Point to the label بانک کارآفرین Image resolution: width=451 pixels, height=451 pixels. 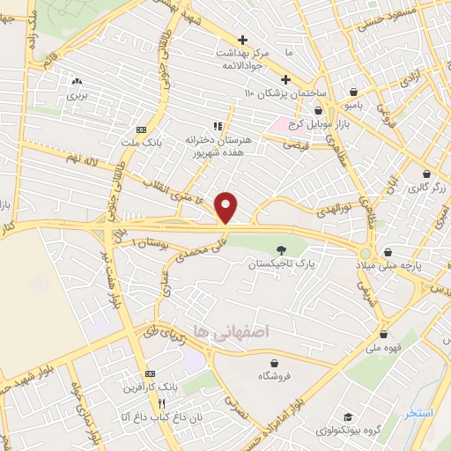149,386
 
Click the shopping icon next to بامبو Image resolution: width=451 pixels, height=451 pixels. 353,92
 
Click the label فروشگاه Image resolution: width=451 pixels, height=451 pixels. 275,375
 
